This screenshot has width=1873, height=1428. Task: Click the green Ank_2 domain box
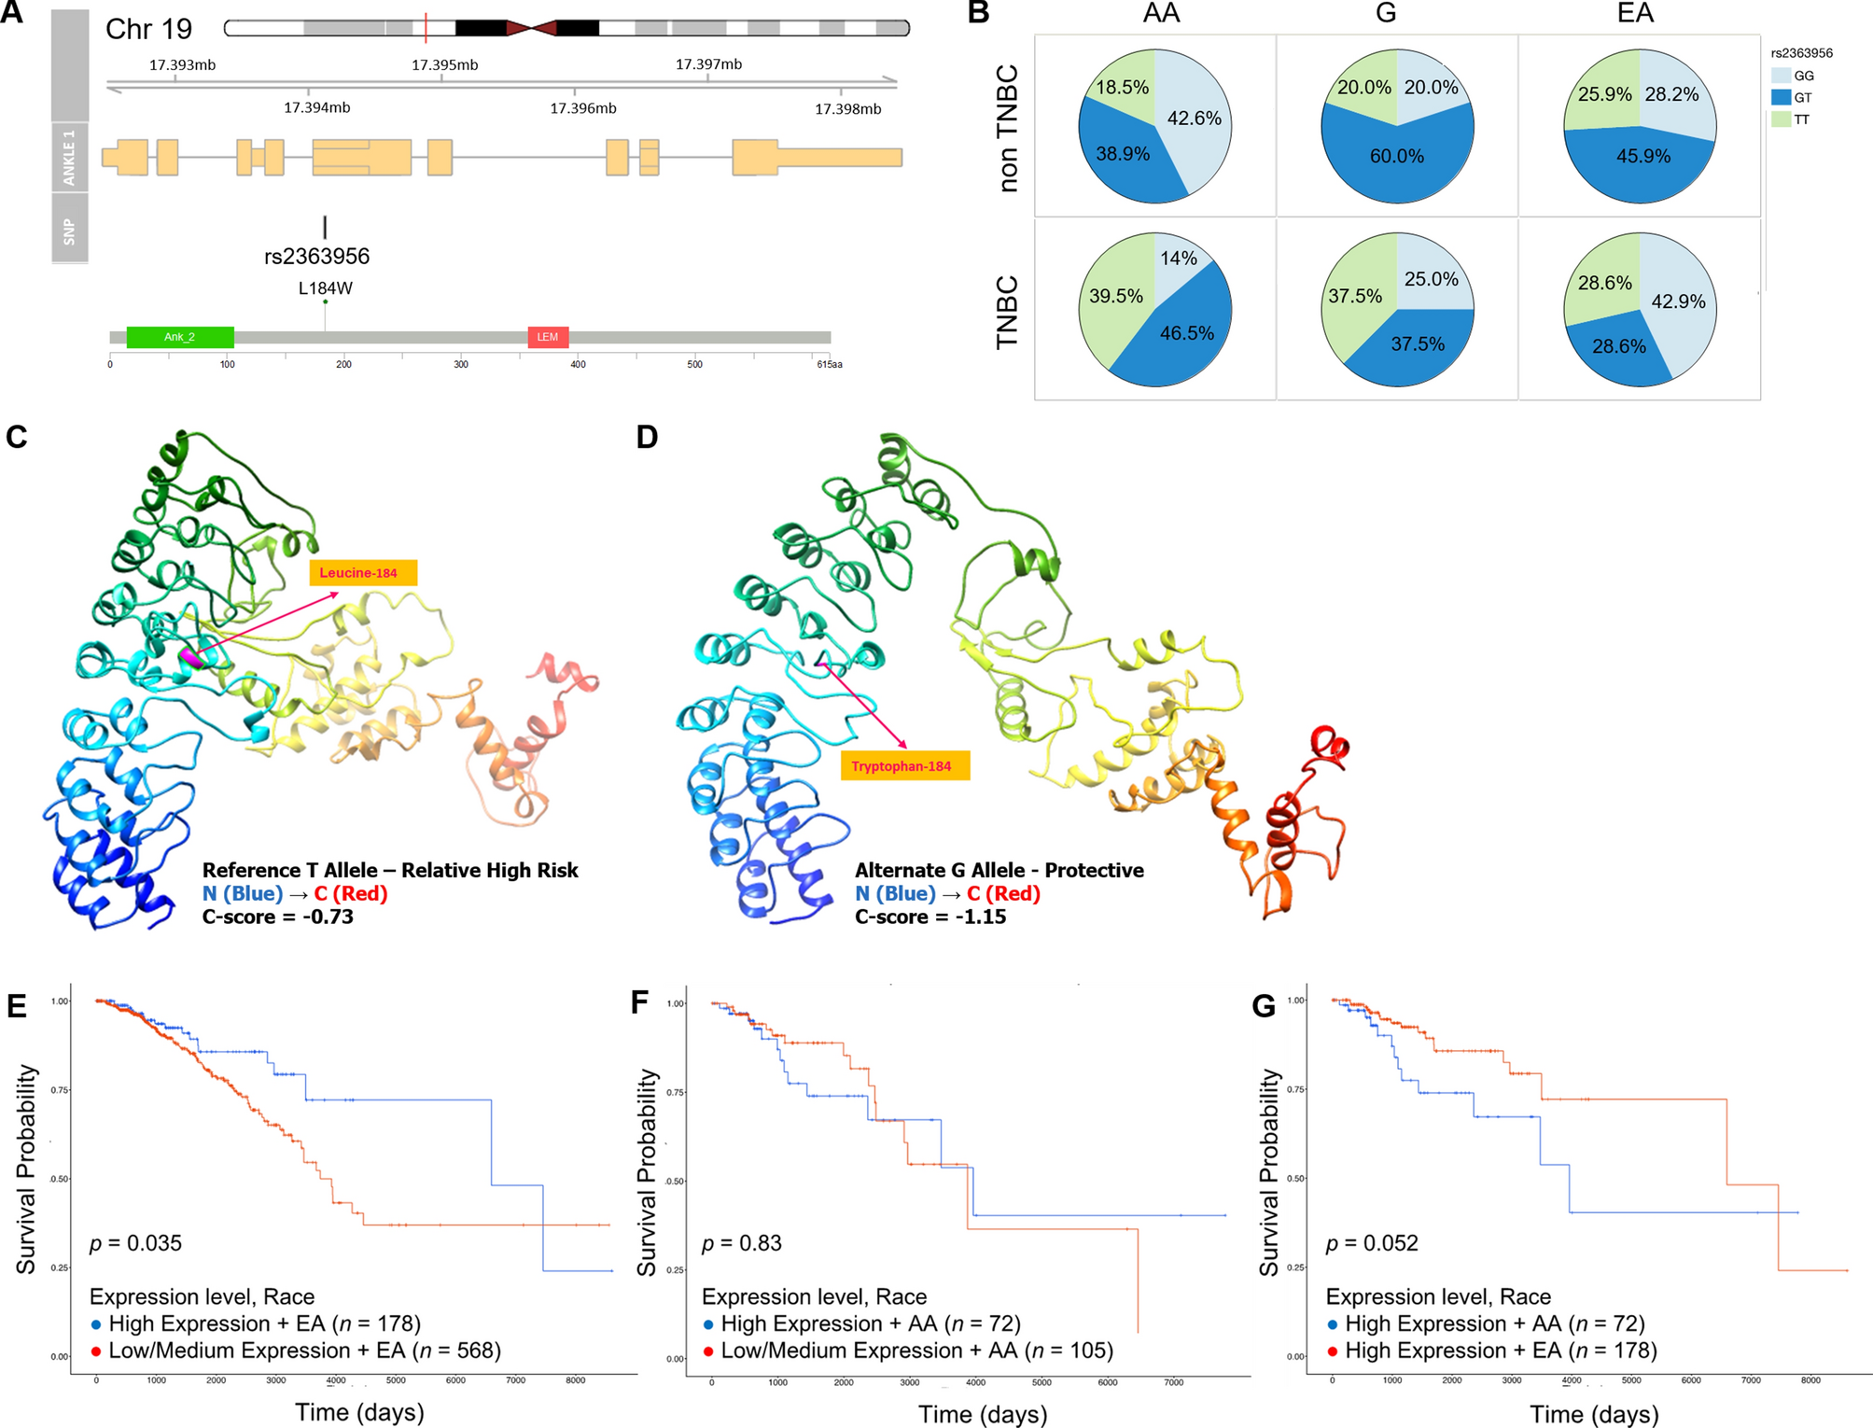(x=179, y=337)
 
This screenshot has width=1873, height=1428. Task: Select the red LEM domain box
(x=548, y=337)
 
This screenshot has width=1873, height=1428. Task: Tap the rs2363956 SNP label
(x=316, y=257)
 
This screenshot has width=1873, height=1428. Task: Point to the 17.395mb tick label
(x=444, y=64)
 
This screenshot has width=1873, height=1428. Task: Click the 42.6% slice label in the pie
(x=1194, y=119)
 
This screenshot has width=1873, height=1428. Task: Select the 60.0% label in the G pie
(x=1396, y=157)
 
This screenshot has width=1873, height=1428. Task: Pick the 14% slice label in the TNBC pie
(x=1178, y=259)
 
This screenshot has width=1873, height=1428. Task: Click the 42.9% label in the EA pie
(x=1678, y=301)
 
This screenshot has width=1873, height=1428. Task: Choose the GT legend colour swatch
(x=1781, y=97)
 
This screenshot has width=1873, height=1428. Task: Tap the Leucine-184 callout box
(x=363, y=573)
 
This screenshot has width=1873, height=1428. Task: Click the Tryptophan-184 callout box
(x=904, y=766)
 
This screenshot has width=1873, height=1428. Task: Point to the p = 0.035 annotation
(x=135, y=1243)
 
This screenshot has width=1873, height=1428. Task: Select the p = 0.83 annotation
(x=741, y=1243)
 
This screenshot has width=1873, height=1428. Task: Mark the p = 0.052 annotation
(x=1371, y=1243)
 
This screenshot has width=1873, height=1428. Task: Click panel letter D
(x=647, y=437)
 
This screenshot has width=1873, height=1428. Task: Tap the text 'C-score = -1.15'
(x=930, y=917)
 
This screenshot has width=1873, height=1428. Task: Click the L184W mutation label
(x=325, y=288)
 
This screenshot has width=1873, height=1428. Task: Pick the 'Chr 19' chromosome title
(x=148, y=29)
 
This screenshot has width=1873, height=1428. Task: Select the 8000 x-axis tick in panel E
(x=575, y=1380)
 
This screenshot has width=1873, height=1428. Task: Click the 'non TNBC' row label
(x=1008, y=129)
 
